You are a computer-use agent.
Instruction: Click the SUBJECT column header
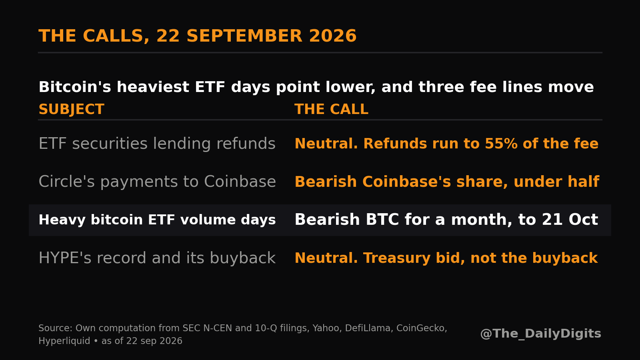pyautogui.click(x=72, y=110)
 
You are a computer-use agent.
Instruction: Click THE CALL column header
pyautogui.click(x=332, y=110)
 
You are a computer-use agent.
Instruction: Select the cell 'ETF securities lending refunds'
pyautogui.click(x=157, y=144)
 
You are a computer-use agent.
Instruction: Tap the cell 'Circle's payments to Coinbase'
pyautogui.click(x=157, y=182)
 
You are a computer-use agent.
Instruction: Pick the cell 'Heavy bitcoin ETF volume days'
pyautogui.click(x=157, y=220)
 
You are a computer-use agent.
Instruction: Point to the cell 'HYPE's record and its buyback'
pyautogui.click(x=157, y=258)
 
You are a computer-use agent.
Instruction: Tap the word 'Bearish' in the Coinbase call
pyautogui.click(x=326, y=182)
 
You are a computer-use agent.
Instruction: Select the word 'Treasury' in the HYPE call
pyautogui.click(x=397, y=258)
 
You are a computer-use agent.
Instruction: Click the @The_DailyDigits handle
pyautogui.click(x=540, y=334)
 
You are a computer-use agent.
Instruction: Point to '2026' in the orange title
pyautogui.click(x=333, y=36)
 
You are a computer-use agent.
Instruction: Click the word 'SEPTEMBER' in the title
pyautogui.click(x=244, y=36)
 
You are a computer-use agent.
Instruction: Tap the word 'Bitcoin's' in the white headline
pyautogui.click(x=75, y=87)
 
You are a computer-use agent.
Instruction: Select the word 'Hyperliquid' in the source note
pyautogui.click(x=64, y=341)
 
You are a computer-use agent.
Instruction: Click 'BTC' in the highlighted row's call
pyautogui.click(x=382, y=220)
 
